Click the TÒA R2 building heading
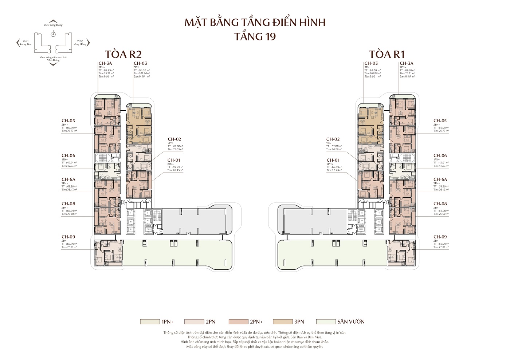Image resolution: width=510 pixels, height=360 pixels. point(123,54)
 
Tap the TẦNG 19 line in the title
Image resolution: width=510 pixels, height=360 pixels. point(255,36)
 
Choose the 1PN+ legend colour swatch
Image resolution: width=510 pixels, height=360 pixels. point(147,322)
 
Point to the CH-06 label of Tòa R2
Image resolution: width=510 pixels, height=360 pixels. point(68,156)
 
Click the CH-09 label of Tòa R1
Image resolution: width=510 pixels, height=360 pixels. point(440,237)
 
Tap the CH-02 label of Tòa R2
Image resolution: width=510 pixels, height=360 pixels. point(174,139)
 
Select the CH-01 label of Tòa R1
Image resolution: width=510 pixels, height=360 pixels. point(333,160)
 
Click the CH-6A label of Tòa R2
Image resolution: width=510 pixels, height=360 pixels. point(68,179)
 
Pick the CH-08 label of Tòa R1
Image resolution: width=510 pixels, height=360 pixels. point(440,204)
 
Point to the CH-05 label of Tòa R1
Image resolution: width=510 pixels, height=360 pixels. point(440,121)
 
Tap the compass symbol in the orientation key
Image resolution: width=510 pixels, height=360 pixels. point(53,34)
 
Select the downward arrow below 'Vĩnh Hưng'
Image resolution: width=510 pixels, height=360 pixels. point(53,64)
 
